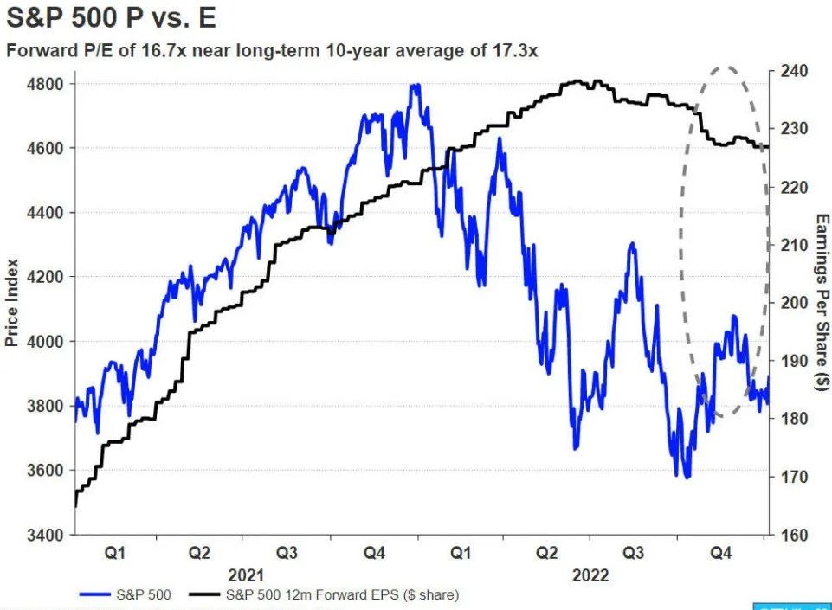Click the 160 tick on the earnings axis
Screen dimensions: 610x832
pos(795,535)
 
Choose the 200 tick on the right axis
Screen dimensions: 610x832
pos(795,303)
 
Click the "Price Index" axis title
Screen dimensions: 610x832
pos(12,301)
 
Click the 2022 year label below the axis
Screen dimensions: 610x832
pos(590,575)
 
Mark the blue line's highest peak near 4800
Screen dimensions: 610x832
pos(416,85)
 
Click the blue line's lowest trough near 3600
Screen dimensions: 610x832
pos(687,477)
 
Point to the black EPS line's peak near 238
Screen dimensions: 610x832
pos(576,80)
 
